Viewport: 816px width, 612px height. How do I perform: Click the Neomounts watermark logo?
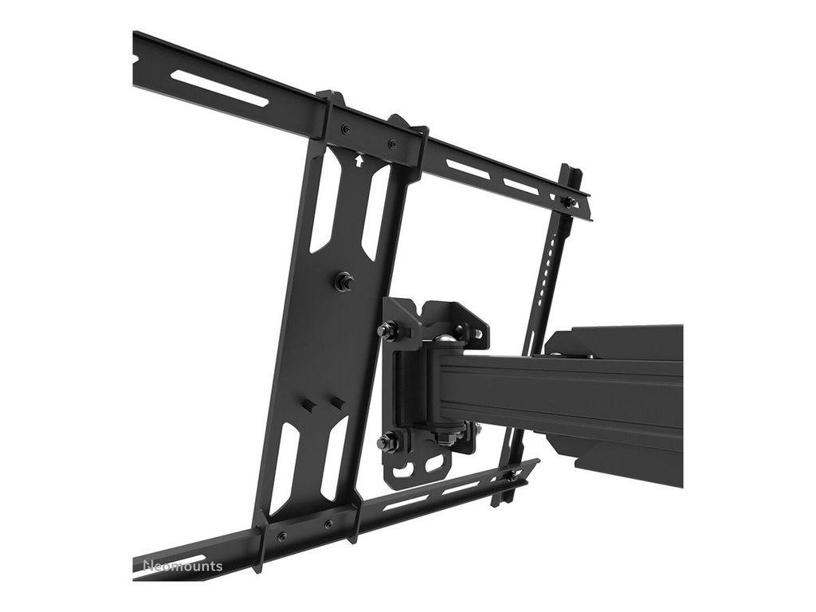click(182, 567)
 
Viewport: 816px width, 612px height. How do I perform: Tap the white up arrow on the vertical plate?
click(359, 159)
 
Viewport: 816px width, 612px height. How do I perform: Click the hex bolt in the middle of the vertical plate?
click(345, 280)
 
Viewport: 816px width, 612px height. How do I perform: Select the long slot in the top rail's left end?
click(220, 88)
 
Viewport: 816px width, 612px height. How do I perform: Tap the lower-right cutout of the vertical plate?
click(334, 471)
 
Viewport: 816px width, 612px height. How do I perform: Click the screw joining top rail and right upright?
click(569, 202)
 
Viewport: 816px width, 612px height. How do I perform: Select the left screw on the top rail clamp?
click(344, 129)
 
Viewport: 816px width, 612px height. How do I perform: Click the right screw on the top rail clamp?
click(391, 144)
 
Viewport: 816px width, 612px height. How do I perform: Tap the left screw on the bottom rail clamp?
click(281, 536)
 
